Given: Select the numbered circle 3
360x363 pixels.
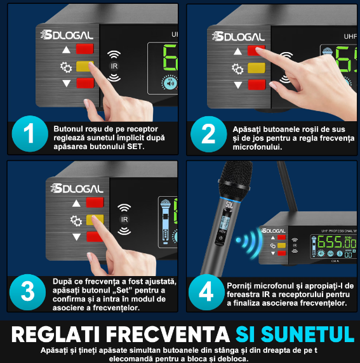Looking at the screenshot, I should pos(27,291).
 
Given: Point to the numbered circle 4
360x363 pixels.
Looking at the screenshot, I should pos(208,291).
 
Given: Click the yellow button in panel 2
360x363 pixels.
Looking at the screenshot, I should pos(257,68).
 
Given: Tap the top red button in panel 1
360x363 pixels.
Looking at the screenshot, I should pos(84,49).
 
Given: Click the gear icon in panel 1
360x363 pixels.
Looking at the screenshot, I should pos(64,66).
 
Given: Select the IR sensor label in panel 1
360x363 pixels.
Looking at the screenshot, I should pos(114,66).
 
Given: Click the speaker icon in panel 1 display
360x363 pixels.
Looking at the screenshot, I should pos(170,83).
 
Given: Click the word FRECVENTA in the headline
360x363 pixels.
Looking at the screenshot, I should pos(175,334).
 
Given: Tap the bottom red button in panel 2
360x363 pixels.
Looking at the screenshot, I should pos(257,84).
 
